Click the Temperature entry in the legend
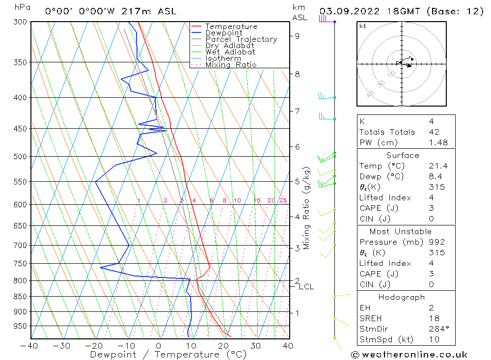coord(231,27)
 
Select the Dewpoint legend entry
coord(224,33)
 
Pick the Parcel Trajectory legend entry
coord(241,39)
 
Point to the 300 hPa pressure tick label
coord(20,22)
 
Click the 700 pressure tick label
coord(20,245)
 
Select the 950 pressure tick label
coord(20,326)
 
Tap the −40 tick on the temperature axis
coord(29,346)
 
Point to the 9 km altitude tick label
coord(297,36)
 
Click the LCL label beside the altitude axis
coord(306,287)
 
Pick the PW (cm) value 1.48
coord(438,142)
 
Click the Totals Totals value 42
coord(434,132)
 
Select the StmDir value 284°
coord(437,329)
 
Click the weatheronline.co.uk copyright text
coord(409,355)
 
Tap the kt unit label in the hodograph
coord(362,26)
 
